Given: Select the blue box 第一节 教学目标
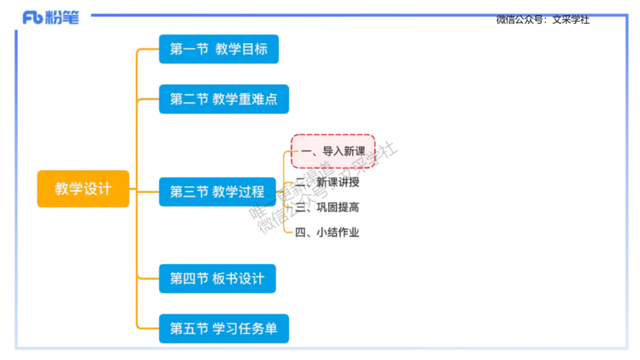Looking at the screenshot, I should coord(217,50).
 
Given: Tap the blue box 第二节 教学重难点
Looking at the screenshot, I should coord(220,99).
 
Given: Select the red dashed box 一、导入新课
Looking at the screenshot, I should coord(332,150).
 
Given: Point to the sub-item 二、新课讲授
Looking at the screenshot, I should coord(328,183).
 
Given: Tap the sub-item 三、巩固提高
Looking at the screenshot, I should coord(326,207).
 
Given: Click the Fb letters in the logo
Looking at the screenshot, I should coord(33,18).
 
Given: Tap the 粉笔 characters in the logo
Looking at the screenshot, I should coord(63,18).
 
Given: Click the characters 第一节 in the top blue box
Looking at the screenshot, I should coord(188,50).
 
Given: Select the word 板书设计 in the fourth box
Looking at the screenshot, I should coord(238,278).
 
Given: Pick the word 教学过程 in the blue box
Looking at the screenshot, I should coord(238,191).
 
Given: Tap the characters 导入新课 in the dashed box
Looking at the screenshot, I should coord(343,150).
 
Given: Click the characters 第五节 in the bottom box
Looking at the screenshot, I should coord(188,327).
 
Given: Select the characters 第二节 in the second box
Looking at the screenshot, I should coord(188,99).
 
